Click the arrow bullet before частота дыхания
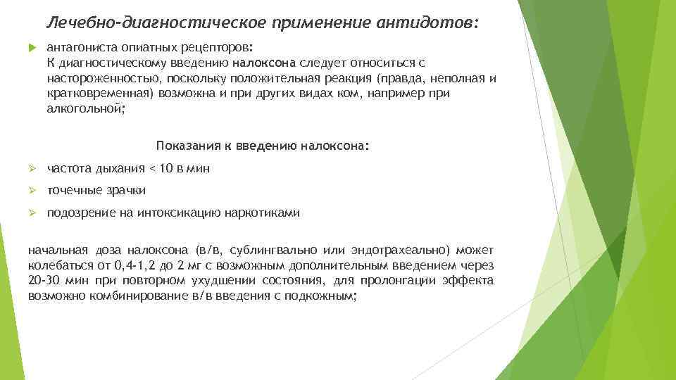click(32, 169)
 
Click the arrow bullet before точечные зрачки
click(32, 191)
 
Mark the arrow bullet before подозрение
click(32, 213)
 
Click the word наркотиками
click(262, 213)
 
